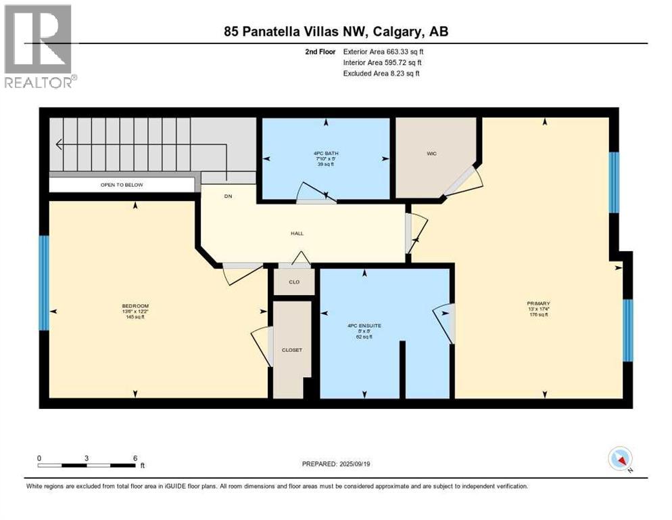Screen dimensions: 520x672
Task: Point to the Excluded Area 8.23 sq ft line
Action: [381, 73]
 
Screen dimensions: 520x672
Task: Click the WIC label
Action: [431, 154]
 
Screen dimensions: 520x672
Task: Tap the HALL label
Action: [297, 234]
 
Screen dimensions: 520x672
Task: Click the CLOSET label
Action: [292, 350]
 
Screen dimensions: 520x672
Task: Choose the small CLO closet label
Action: [294, 282]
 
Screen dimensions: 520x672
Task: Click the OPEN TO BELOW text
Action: [122, 185]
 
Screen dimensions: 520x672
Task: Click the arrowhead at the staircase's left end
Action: [59, 144]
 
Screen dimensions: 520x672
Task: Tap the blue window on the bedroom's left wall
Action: [44, 282]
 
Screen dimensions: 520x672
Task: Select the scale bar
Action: [87, 465]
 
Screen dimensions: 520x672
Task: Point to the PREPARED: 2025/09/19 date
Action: [336, 464]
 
